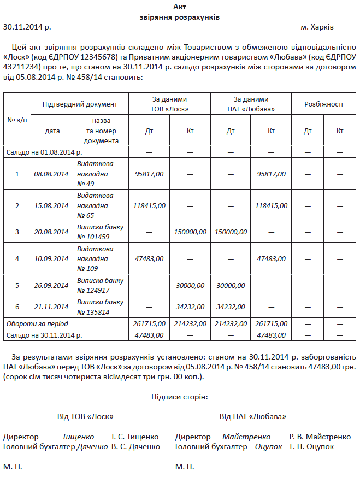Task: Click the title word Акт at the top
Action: coord(180,7)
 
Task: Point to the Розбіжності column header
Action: coord(323,104)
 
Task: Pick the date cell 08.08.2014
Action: coord(51,174)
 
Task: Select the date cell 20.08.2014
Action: coord(51,232)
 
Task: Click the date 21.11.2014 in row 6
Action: coord(51,307)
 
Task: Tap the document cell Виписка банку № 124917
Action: coord(100,285)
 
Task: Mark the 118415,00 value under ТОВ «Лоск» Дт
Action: coord(149,205)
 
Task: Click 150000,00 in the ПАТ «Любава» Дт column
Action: coord(231,232)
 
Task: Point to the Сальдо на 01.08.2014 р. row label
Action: coord(44,152)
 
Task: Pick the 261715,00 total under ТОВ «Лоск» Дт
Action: coord(149,324)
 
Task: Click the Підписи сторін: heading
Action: coord(180,396)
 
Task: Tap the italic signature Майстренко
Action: coord(246,437)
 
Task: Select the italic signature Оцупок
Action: coord(269,447)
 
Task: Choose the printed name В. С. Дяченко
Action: coord(135,447)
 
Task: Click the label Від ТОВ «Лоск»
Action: coord(85,416)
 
